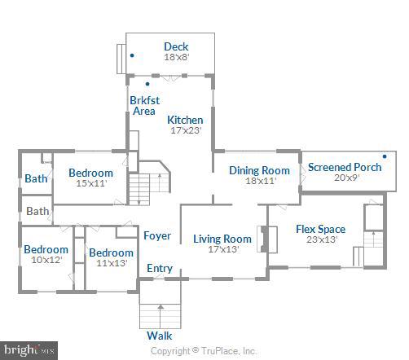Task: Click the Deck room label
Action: click(176, 46)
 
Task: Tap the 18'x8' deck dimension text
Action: click(176, 58)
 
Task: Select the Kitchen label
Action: click(185, 120)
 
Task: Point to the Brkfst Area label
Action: click(143, 106)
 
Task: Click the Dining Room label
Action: click(259, 170)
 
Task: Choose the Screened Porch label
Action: click(345, 167)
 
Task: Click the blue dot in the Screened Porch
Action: click(384, 156)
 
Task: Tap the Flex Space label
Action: click(320, 229)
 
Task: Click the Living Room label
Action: click(222, 239)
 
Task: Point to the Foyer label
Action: click(157, 236)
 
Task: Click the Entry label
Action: click(159, 269)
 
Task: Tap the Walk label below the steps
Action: click(159, 336)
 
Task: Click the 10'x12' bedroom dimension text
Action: click(46, 261)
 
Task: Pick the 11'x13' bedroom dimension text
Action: click(111, 264)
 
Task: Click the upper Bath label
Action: click(35, 179)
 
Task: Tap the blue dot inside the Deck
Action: click(132, 55)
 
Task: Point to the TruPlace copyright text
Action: click(204, 351)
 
